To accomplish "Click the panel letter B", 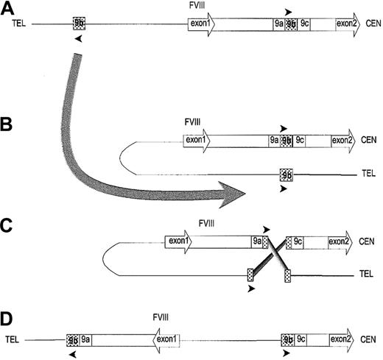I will tap(8, 127).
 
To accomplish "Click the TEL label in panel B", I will tap(370, 174).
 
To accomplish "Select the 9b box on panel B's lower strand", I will tap(287, 174).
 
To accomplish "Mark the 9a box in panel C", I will tap(256, 240).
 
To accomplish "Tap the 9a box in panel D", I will tap(86, 339).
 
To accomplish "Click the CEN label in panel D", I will tap(370, 339).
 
